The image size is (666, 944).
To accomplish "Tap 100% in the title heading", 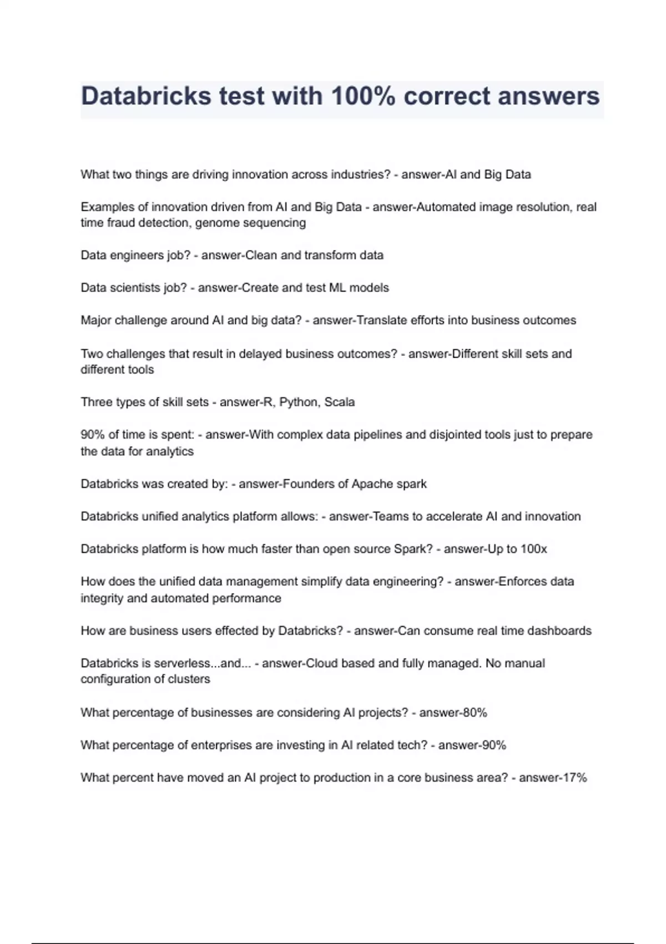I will point(363,96).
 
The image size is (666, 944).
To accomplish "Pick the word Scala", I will point(339,402).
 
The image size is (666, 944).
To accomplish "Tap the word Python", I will point(297,402).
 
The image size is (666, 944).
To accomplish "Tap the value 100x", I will point(533,549).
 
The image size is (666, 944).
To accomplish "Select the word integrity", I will point(102,599).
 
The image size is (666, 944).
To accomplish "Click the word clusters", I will point(189,679).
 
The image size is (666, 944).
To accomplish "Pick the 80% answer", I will point(475,712).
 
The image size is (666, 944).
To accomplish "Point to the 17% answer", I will point(574,778).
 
